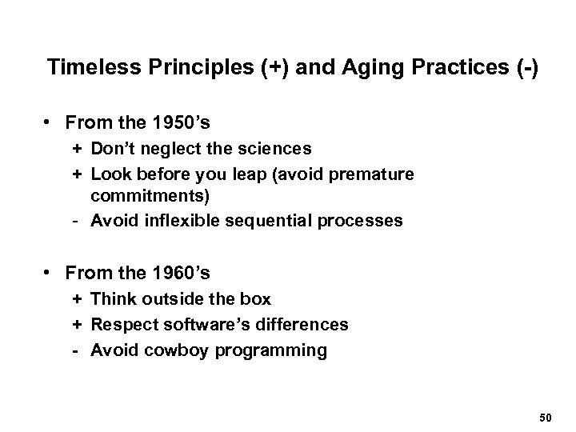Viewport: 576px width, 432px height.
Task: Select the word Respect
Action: pyautogui.click(x=121, y=324)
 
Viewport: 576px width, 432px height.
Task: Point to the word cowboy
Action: pyautogui.click(x=166, y=350)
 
